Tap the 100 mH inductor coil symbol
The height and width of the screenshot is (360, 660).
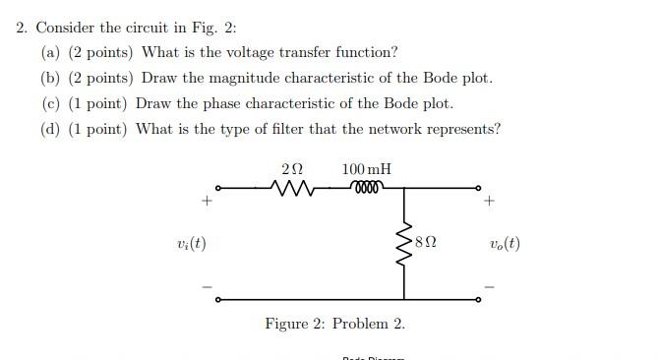(367, 187)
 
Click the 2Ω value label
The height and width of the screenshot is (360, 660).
(293, 169)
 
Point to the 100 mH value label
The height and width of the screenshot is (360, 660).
(366, 169)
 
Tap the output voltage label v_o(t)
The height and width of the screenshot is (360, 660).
(504, 243)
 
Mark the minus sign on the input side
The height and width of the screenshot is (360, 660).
(207, 287)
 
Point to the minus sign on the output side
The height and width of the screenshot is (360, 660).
(490, 287)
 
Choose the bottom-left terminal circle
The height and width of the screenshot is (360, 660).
(218, 299)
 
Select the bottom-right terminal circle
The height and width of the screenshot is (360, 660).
(479, 299)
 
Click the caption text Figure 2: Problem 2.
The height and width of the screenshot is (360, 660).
(334, 324)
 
